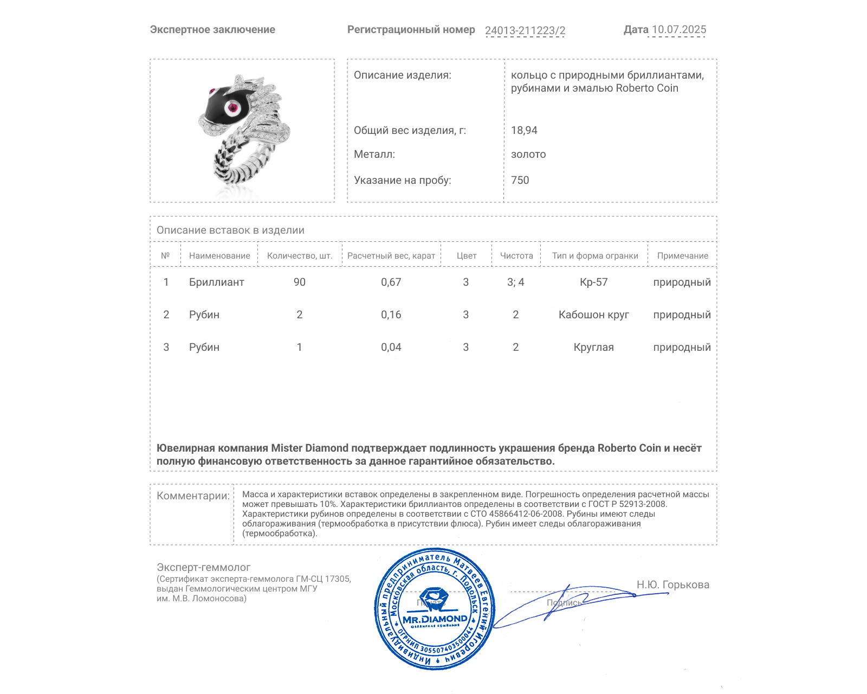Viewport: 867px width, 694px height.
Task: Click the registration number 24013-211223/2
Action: [x=525, y=30]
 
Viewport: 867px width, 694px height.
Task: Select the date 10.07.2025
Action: [x=679, y=30]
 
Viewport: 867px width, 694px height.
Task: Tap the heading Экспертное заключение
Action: [x=212, y=30]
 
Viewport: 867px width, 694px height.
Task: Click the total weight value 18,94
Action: [x=524, y=130]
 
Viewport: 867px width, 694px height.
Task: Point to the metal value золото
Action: [x=528, y=154]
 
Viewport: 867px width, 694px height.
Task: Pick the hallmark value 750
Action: [x=520, y=180]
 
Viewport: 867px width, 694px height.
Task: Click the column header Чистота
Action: [x=516, y=256]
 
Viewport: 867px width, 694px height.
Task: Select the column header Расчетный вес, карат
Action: [x=391, y=256]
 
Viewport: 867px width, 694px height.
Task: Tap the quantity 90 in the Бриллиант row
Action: [x=300, y=282]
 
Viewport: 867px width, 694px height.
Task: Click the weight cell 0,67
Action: [x=391, y=282]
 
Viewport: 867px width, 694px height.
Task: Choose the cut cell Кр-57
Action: [x=594, y=282]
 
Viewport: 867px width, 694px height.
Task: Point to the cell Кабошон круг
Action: [x=594, y=314]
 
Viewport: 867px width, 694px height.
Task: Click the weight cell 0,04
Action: [x=391, y=347]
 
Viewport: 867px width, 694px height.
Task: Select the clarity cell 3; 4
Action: [x=516, y=282]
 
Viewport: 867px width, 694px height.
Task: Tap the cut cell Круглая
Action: [x=594, y=347]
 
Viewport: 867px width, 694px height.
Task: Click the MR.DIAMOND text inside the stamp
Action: [x=435, y=619]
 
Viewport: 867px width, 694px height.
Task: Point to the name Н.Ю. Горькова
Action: [x=672, y=584]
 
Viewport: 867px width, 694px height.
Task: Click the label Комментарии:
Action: [x=193, y=496]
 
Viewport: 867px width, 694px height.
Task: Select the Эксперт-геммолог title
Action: [x=204, y=567]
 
